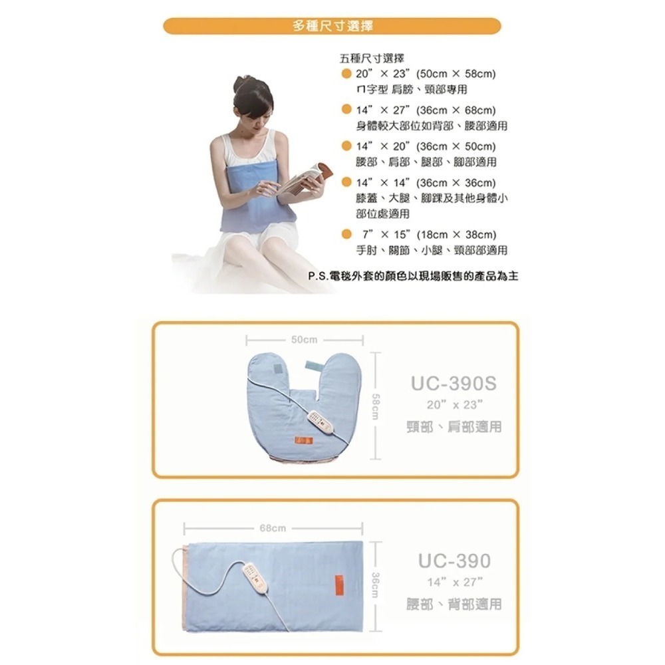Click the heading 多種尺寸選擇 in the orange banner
[332, 26]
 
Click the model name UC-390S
[454, 384]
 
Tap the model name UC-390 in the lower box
[454, 561]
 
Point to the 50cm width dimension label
[304, 339]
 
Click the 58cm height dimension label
[376, 405]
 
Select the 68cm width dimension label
[273, 528]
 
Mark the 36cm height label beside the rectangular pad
[376, 586]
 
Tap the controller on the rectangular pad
[255, 576]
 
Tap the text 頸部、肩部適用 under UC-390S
[454, 427]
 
